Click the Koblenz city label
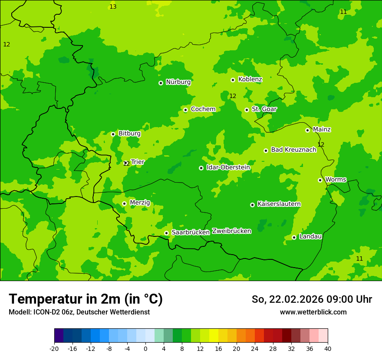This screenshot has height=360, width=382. (250, 79)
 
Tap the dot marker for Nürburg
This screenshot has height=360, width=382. (161, 83)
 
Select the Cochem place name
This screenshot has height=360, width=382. (203, 109)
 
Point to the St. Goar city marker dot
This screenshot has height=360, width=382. (247, 110)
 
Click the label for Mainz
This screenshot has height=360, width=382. (322, 130)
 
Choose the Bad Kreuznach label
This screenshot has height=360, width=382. (293, 150)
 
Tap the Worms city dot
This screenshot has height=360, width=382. (320, 180)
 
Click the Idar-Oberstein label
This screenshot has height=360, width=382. (228, 167)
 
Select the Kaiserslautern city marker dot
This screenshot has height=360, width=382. (252, 205)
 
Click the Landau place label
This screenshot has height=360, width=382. (310, 236)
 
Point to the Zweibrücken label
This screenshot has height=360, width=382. (231, 231)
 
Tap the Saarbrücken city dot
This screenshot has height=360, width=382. (166, 233)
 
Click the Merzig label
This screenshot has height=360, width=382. (140, 203)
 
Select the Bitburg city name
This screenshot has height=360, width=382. (129, 134)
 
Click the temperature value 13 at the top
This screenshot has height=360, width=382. (113, 7)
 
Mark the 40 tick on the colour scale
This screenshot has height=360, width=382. (328, 348)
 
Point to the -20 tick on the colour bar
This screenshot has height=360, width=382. (54, 348)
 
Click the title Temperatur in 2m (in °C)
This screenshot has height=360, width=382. (86, 299)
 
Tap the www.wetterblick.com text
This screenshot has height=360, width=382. (313, 312)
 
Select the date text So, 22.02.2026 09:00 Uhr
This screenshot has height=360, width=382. (312, 299)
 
